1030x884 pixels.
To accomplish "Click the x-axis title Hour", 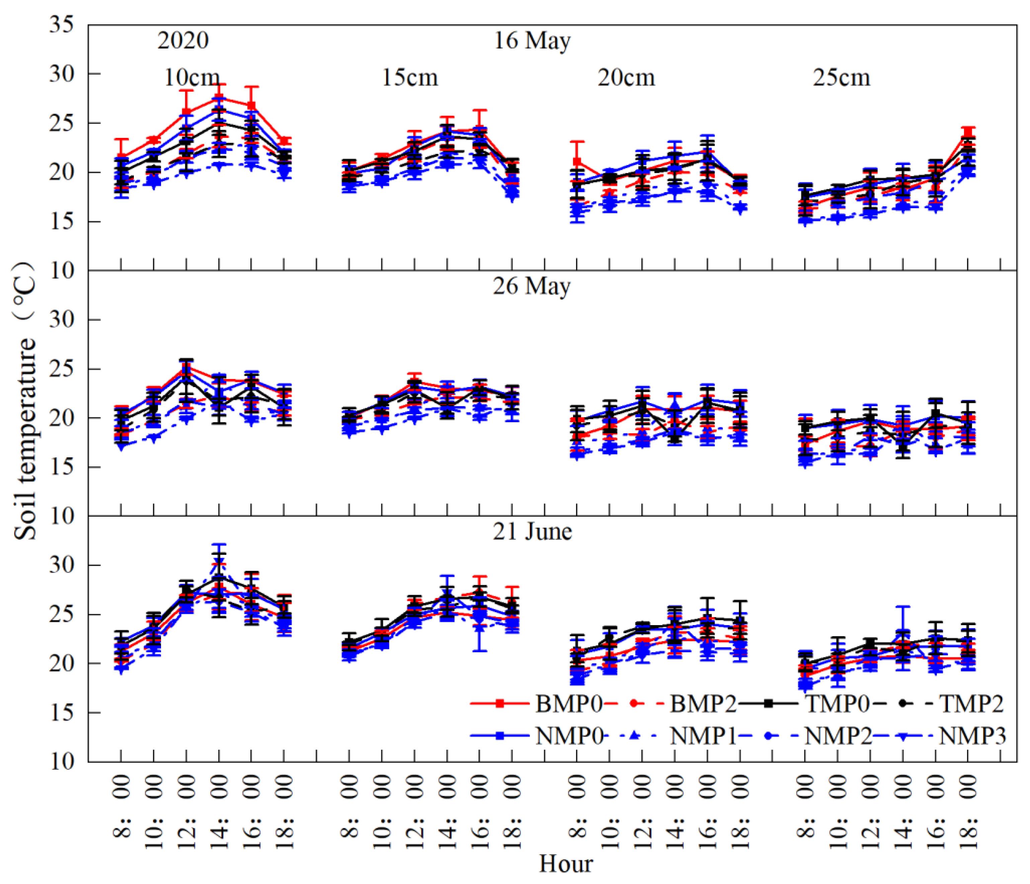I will pos(566,864).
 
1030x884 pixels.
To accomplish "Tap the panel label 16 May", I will pos(532,41).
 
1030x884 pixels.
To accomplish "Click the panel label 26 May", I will pos(532,286).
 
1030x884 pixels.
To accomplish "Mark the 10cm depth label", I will pos(192,78).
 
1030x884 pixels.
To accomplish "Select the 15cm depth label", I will pos(410,78).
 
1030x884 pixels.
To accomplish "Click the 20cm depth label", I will pos(626,78).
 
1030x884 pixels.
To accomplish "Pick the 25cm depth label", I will pos(842,78).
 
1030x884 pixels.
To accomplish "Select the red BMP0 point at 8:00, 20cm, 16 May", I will pos(577,162).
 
